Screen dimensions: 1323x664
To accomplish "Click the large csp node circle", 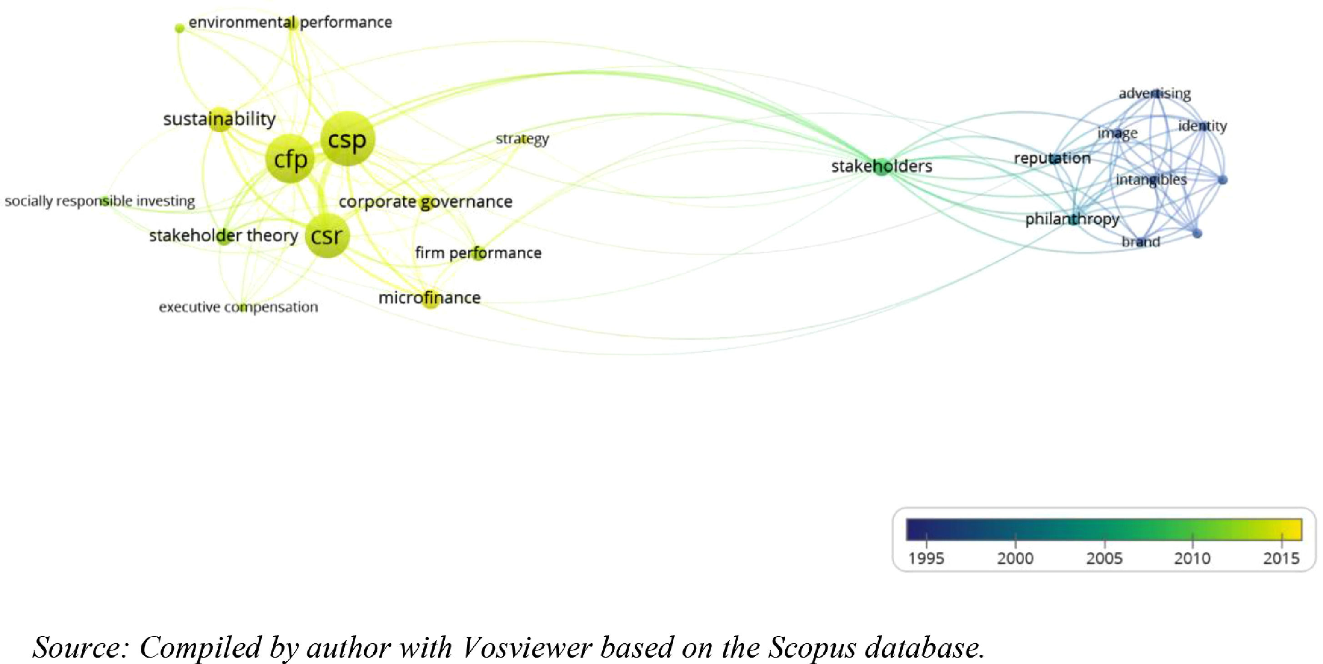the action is coord(347,139).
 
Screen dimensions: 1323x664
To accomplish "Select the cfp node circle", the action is coord(290,159).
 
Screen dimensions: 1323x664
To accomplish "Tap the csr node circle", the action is coord(327,236).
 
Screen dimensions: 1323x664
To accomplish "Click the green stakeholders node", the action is coord(882,167).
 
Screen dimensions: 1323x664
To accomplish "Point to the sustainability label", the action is coord(219,119).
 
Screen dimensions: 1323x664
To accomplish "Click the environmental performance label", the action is coord(290,23).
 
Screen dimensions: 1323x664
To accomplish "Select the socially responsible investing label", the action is coord(100,201).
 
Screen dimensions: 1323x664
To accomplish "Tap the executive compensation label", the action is coord(238,307).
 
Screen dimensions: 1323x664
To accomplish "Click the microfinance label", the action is coord(429,298).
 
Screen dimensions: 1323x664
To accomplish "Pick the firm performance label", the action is coord(478,253).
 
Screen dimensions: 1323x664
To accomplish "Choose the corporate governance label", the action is coord(425,202).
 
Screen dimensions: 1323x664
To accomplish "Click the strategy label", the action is coord(522,139).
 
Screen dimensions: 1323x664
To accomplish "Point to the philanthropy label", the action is coord(1072,219).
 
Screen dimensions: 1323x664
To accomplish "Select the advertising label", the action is coord(1154,94).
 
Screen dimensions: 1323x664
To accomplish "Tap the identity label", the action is coord(1203,126).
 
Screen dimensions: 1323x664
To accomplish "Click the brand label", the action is coord(1141,242).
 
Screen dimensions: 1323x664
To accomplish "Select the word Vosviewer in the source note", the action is coord(527,647).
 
